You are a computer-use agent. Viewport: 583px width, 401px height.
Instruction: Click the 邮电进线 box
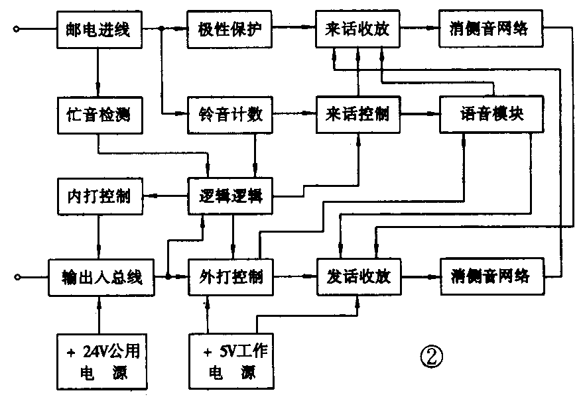[x=98, y=29]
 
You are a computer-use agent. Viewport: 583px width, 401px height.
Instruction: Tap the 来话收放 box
[x=358, y=29]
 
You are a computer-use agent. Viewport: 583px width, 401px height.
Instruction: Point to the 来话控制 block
[x=358, y=115]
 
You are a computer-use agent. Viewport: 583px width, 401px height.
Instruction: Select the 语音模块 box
[x=492, y=115]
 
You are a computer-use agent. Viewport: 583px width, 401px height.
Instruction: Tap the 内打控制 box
[x=98, y=196]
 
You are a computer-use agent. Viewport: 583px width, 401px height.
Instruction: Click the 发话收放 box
[x=358, y=276]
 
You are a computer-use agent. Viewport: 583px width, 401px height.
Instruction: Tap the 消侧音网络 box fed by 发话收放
[x=492, y=276]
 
